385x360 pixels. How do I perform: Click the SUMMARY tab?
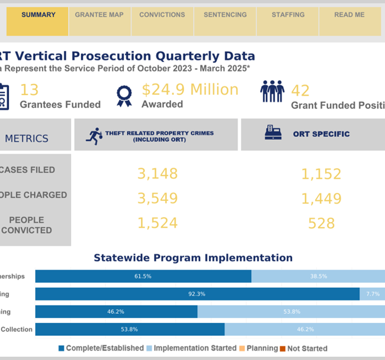(38, 15)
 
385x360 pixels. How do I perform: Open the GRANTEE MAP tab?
(100, 15)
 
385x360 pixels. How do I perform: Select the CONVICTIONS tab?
(162, 15)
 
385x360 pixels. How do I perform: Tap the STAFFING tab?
(288, 15)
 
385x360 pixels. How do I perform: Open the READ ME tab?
(349, 15)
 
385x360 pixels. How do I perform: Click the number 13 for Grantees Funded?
(29, 90)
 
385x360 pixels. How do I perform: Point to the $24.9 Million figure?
(190, 90)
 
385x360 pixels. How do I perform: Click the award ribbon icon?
(124, 95)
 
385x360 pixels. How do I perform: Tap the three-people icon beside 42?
(272, 91)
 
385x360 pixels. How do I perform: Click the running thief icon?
(94, 136)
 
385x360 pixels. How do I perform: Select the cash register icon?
(273, 133)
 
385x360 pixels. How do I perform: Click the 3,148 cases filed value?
(157, 174)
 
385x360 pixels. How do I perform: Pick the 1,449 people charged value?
(321, 199)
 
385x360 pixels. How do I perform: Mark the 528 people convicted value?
(321, 223)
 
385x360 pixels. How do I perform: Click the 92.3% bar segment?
(197, 294)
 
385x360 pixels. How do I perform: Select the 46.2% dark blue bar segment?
(116, 312)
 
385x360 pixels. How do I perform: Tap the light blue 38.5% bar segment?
(318, 276)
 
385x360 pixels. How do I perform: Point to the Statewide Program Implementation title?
(193, 258)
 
